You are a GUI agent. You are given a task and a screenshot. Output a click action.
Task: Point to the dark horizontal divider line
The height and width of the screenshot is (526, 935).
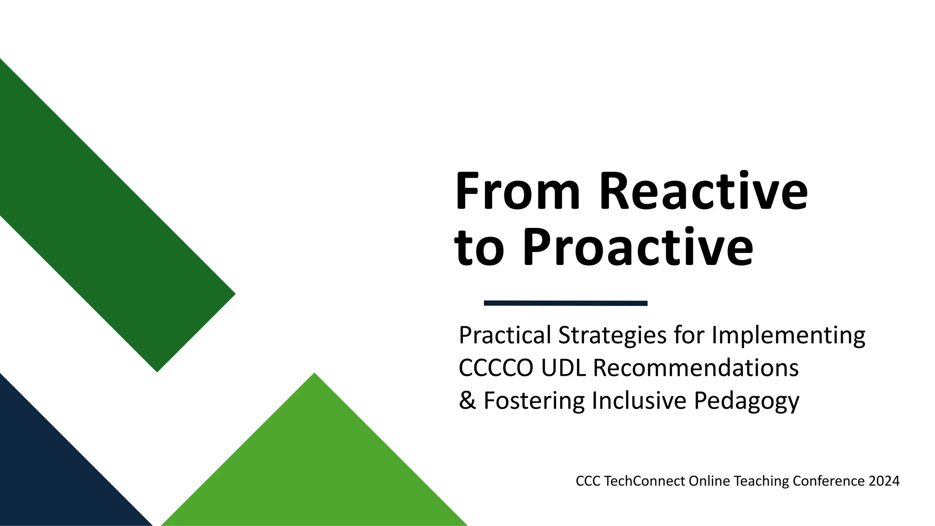click(x=565, y=303)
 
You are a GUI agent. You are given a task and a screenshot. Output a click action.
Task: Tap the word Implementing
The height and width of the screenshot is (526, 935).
click(x=788, y=335)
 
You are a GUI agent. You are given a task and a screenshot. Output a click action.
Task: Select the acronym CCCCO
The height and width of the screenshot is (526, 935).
click(x=496, y=368)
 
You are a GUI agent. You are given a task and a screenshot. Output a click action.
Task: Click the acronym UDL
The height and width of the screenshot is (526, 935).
click(x=563, y=368)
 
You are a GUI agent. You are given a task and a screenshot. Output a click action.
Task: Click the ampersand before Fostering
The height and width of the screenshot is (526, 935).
click(x=467, y=400)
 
